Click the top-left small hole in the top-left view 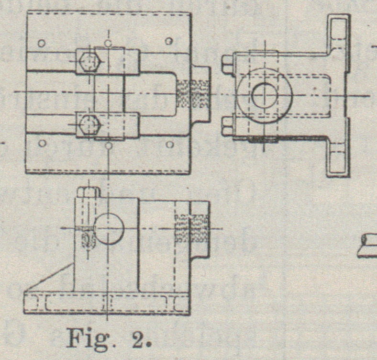point(42,43)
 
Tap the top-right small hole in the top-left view point(169,41)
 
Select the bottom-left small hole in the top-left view point(42,143)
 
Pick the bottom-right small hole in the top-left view point(169,144)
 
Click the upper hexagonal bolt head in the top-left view point(89,61)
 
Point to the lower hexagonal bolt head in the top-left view point(89,125)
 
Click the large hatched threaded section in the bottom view point(191,228)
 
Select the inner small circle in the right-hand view point(264,96)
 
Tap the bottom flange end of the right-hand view point(339,162)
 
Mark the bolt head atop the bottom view point(88,192)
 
